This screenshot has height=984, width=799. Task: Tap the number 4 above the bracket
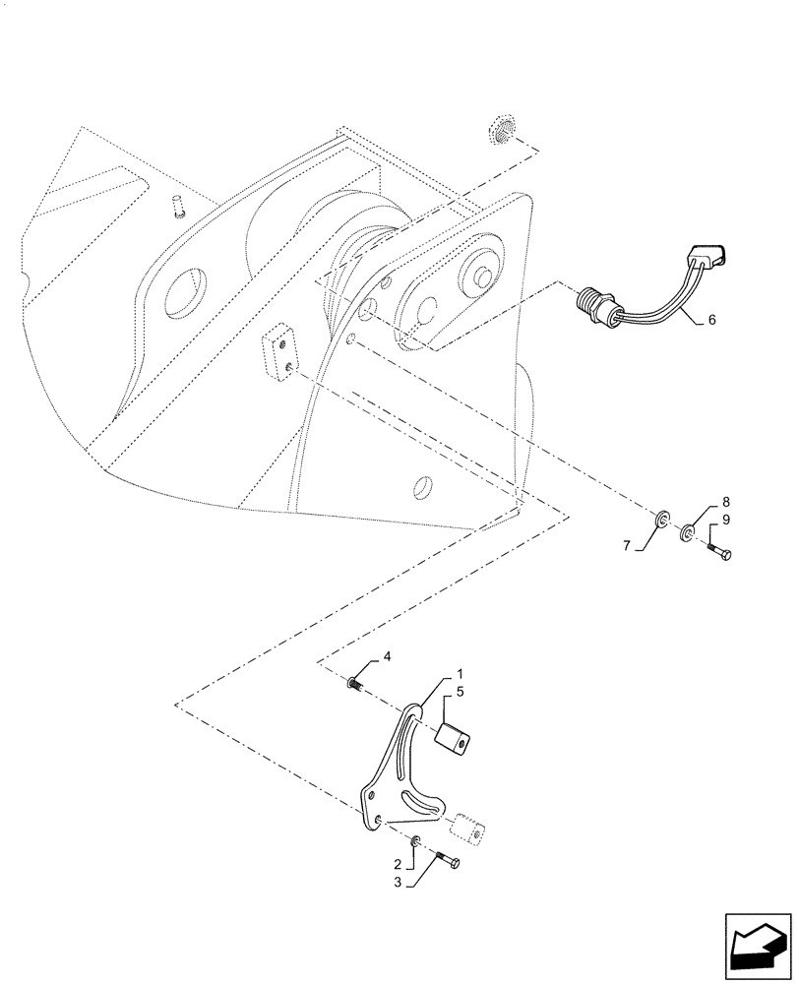pyautogui.click(x=387, y=655)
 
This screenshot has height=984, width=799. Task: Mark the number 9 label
pyautogui.click(x=726, y=520)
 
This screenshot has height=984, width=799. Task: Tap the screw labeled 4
pyautogui.click(x=357, y=684)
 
